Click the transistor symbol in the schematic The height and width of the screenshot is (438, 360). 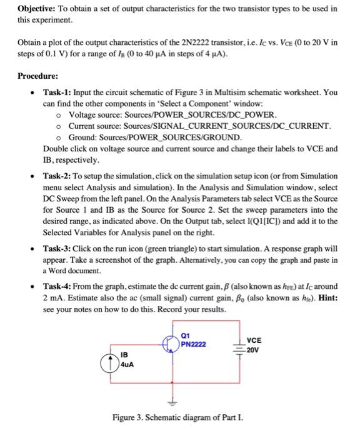pyautogui.click(x=172, y=342)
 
